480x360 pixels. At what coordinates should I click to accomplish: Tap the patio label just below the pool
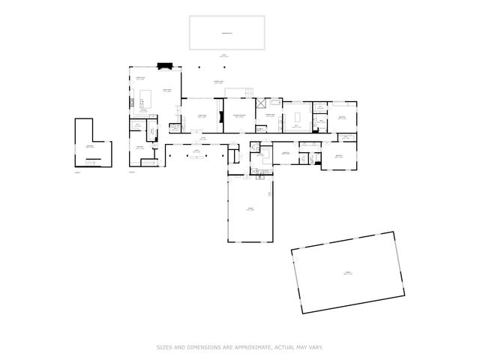pyautogui.click(x=223, y=55)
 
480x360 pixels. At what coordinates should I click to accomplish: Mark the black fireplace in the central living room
pyautogui.click(x=220, y=116)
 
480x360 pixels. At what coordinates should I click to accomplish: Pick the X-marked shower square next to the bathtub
pyautogui.click(x=261, y=105)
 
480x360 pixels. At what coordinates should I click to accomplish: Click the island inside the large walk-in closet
pyautogui.click(x=297, y=116)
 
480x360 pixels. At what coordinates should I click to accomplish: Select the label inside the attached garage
pyautogui.click(x=250, y=210)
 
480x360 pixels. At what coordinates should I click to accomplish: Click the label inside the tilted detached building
pyautogui.click(x=347, y=273)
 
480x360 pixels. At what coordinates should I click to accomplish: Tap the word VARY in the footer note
pyautogui.click(x=316, y=346)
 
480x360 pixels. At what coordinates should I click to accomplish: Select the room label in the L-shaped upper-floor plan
pyautogui.click(x=89, y=147)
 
